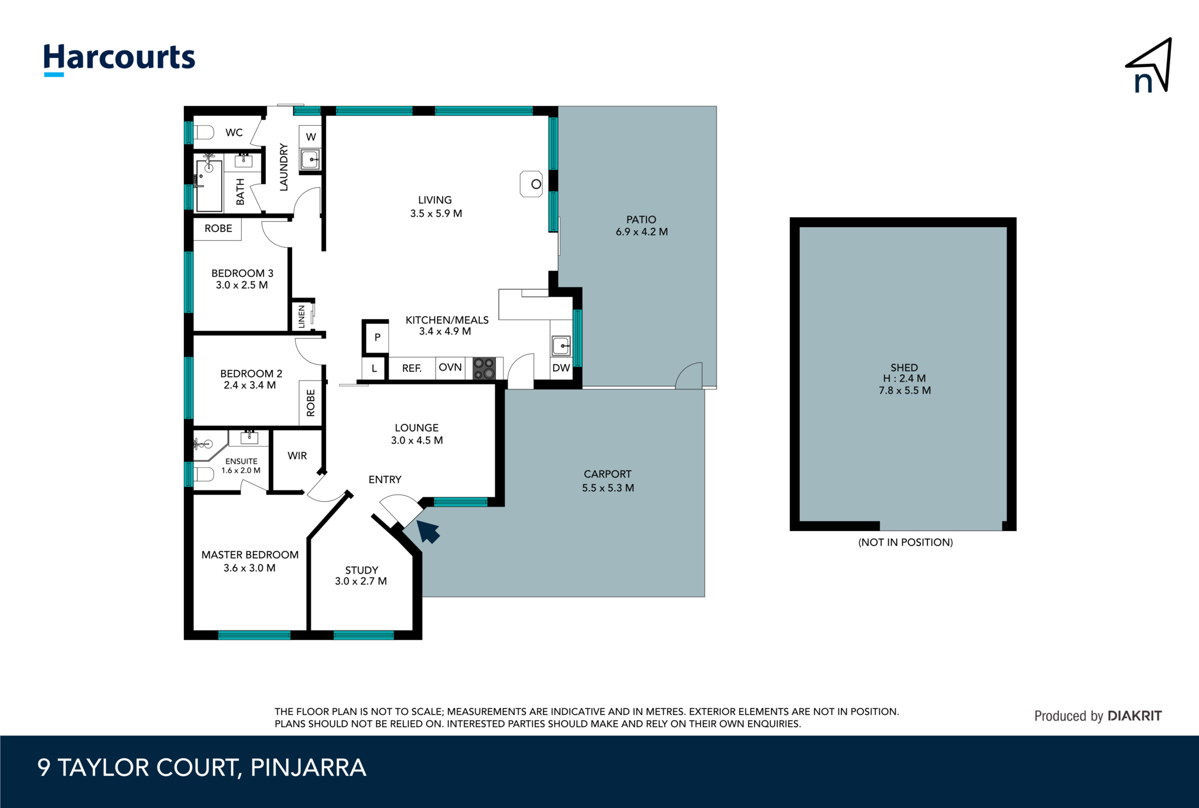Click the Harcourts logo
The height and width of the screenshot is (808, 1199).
[x=119, y=59]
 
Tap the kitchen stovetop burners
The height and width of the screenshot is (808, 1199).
[x=484, y=368]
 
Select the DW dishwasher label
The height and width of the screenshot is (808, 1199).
[x=561, y=368]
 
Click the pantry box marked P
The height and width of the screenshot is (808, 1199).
[x=377, y=337]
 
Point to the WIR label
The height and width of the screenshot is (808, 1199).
[x=297, y=456]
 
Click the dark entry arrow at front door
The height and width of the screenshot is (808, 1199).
[x=428, y=532]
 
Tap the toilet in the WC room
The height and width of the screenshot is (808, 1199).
[x=203, y=132]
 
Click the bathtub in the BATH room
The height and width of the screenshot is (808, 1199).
[x=209, y=186]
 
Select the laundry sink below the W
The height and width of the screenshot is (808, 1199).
[x=310, y=159]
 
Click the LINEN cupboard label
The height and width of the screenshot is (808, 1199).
[x=302, y=316]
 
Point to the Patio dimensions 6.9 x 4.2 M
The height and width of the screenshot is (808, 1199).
[x=641, y=232]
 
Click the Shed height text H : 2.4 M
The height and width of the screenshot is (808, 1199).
[x=904, y=379]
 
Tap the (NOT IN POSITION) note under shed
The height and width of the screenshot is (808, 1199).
[x=905, y=542]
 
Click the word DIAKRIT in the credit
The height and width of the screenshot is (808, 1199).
[x=1135, y=715]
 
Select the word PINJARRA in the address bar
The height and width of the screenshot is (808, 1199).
[x=308, y=768]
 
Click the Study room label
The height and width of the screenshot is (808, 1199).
[x=361, y=570]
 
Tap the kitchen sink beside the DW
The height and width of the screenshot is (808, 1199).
[x=561, y=345]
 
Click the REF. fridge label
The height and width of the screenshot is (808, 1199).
[x=412, y=368]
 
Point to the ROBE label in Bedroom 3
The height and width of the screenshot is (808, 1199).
[x=218, y=228]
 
